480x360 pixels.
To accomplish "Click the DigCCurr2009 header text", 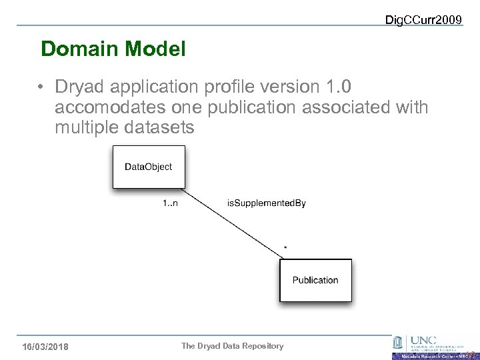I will point(423,20).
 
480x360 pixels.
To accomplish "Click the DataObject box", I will point(149,167).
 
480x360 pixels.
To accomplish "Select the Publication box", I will point(315,280).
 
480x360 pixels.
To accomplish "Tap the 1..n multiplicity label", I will point(170,203).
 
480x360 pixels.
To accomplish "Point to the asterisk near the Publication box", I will point(285,248).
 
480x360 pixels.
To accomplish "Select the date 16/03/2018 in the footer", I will point(45,347).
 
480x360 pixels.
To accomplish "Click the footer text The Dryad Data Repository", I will point(233,346).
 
